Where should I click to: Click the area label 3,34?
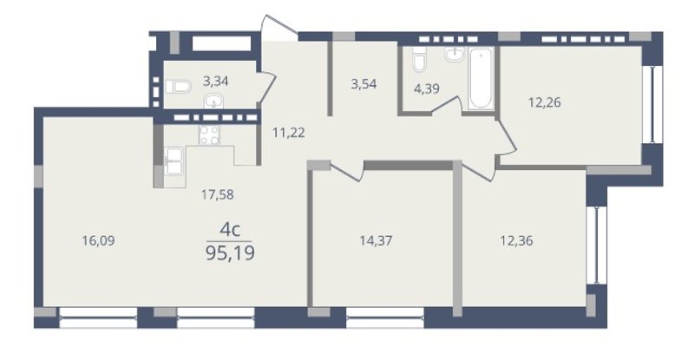click(x=215, y=81)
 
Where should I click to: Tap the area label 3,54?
click(x=363, y=84)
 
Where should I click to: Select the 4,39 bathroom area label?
click(x=426, y=88)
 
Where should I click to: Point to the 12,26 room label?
click(x=545, y=102)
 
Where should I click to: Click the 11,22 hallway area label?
click(x=289, y=133)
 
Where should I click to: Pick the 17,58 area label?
click(x=218, y=194)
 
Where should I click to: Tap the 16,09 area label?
click(x=98, y=240)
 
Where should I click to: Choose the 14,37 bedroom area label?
click(x=376, y=240)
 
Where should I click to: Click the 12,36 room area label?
click(x=516, y=240)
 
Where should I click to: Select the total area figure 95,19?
click(x=230, y=253)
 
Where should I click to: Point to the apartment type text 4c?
click(x=230, y=230)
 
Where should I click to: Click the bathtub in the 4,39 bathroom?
click(x=481, y=78)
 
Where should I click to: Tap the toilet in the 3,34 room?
click(x=178, y=87)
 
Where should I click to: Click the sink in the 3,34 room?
click(x=213, y=101)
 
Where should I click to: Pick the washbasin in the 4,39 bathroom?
click(x=455, y=54)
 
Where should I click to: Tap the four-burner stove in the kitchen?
click(x=209, y=135)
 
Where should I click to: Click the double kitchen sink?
click(x=173, y=161)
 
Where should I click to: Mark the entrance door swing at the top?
click(x=278, y=28)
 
